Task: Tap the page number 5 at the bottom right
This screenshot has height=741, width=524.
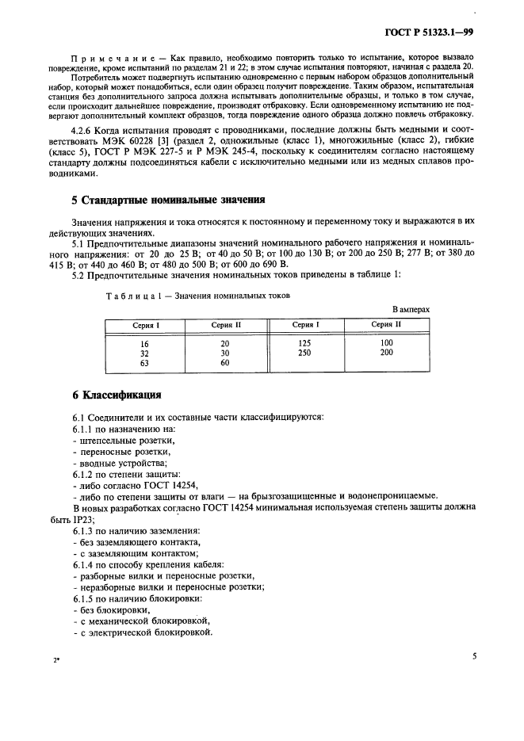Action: point(474,656)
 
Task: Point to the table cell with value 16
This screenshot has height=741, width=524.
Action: point(144,343)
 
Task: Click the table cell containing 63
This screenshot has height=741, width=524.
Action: point(144,363)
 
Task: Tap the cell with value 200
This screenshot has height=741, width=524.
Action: point(387,353)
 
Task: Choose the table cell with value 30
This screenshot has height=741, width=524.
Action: point(225,353)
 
